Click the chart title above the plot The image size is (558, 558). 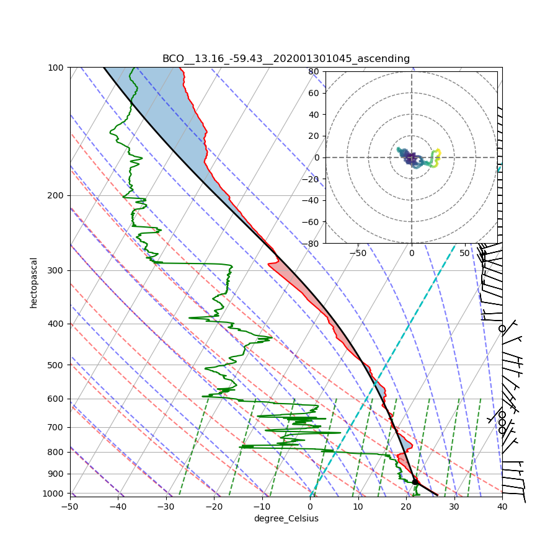[x=286, y=59]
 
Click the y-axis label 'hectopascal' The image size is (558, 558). [x=33, y=283]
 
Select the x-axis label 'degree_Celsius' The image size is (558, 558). [x=286, y=518]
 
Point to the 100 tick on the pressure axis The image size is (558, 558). [x=57, y=67]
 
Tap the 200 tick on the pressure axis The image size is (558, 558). [x=57, y=195]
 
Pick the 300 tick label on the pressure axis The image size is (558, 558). [x=57, y=270]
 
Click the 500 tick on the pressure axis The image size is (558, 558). [x=57, y=365]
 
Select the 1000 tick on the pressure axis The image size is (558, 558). [x=55, y=494]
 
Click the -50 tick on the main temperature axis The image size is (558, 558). [x=69, y=507]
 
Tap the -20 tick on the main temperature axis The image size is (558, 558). [x=214, y=507]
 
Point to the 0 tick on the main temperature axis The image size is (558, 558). [x=310, y=507]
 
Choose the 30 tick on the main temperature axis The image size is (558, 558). [x=454, y=507]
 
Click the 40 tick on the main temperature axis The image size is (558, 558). [x=502, y=507]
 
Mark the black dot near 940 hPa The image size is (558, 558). [x=415, y=482]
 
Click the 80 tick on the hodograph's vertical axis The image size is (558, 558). [x=314, y=71]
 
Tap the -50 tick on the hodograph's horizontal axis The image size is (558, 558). [x=358, y=253]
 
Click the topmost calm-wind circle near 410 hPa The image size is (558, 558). [x=502, y=329]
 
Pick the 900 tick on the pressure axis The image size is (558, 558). [x=57, y=474]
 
